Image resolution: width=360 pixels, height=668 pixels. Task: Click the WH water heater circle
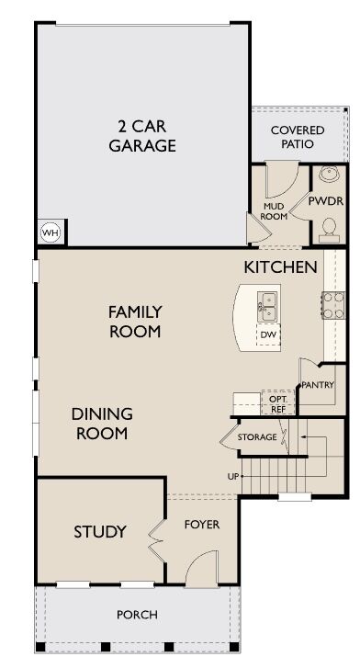click(x=51, y=232)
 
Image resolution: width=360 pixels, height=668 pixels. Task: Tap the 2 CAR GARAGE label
click(x=142, y=136)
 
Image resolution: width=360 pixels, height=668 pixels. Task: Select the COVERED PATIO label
click(x=298, y=137)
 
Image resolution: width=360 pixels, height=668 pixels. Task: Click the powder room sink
click(x=329, y=174)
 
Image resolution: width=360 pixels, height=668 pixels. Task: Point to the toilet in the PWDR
click(x=329, y=226)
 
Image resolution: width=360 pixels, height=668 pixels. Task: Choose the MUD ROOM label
click(x=274, y=211)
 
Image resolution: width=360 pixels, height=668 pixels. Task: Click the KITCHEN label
click(x=281, y=267)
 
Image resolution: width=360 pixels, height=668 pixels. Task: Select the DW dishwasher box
click(x=268, y=334)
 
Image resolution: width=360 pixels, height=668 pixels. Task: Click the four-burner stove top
click(x=333, y=305)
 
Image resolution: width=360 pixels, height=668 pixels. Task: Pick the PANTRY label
click(x=318, y=385)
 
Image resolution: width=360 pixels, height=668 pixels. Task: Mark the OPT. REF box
click(x=278, y=402)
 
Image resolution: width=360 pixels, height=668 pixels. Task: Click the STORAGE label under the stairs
click(x=257, y=437)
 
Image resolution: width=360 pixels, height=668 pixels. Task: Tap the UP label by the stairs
click(x=233, y=477)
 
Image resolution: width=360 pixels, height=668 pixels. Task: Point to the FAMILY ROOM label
click(x=135, y=322)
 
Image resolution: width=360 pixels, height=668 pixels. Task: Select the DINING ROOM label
click(x=102, y=424)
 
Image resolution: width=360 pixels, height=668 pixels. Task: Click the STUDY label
click(x=100, y=532)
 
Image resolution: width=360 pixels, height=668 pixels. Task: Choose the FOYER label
click(x=202, y=525)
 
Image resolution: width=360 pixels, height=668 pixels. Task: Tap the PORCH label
click(x=137, y=615)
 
